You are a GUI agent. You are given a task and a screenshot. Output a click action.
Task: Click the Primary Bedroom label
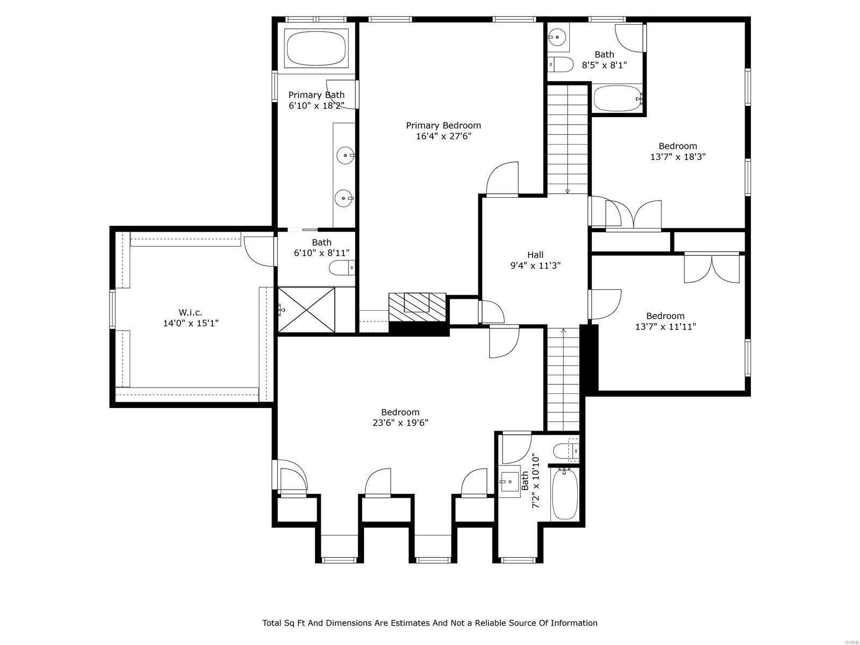(x=443, y=125)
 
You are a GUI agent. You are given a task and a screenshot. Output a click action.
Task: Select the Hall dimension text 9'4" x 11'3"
(x=535, y=265)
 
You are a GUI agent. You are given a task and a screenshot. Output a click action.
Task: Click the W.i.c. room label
(x=190, y=312)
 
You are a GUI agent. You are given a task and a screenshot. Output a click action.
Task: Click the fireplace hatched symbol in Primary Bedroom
(x=418, y=307)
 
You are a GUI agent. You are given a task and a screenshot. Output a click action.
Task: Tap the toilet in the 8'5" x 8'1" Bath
(x=561, y=64)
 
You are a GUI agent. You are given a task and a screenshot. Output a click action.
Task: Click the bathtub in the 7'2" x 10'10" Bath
(x=565, y=493)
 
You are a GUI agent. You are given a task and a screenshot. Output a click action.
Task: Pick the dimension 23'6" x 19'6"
(x=400, y=423)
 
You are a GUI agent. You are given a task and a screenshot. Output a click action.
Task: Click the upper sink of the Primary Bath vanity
(x=345, y=155)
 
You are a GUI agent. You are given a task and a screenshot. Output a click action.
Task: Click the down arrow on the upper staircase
(x=568, y=190)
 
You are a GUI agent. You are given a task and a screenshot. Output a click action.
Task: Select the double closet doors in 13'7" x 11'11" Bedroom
(x=711, y=269)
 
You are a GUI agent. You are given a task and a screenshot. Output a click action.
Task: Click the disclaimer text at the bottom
(x=429, y=623)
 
